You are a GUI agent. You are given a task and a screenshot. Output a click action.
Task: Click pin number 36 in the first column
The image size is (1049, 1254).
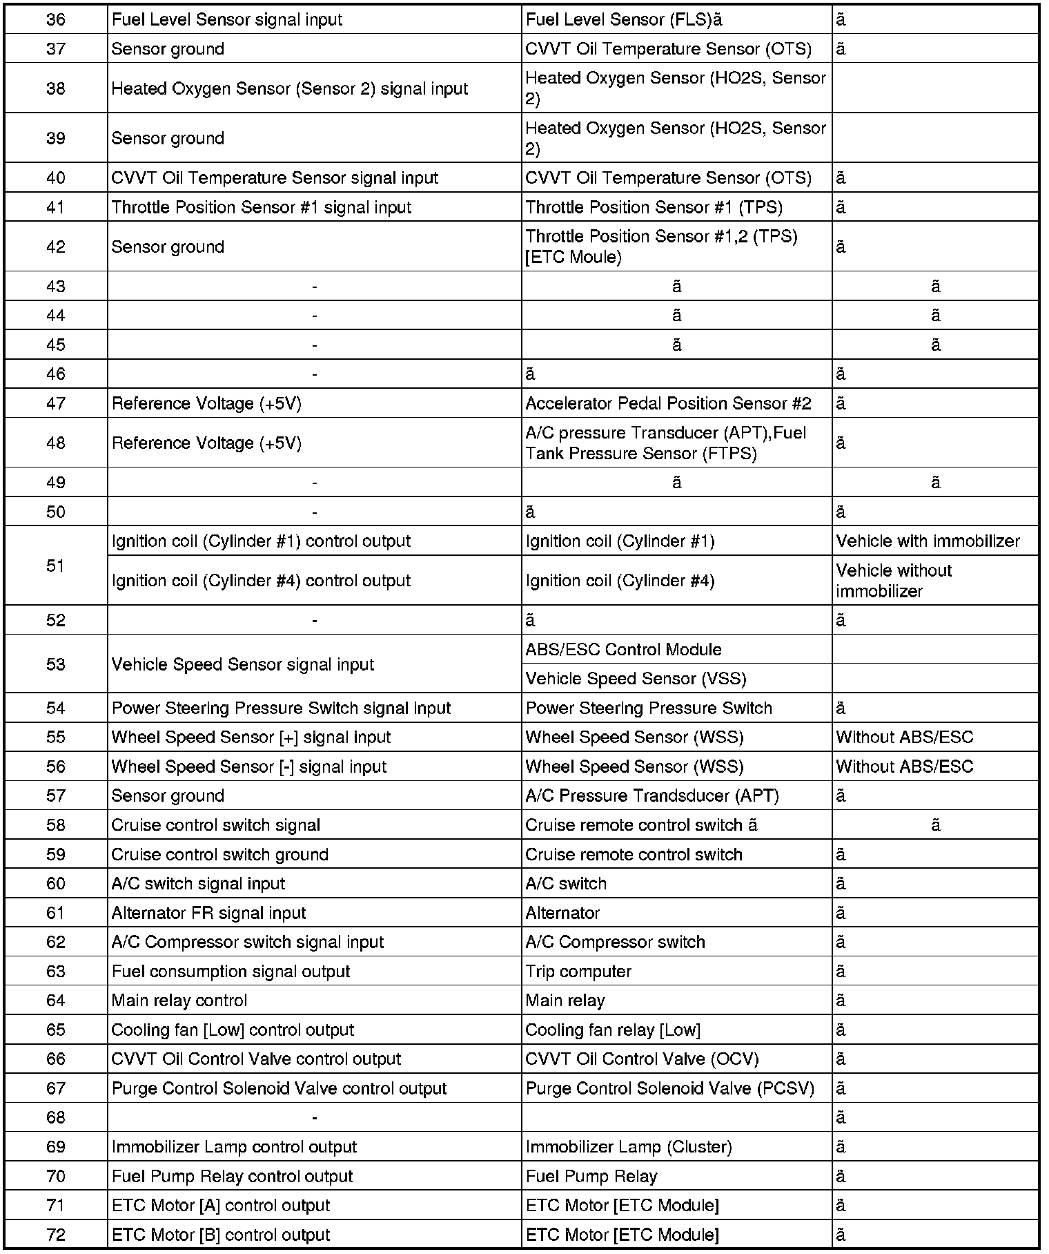(x=55, y=20)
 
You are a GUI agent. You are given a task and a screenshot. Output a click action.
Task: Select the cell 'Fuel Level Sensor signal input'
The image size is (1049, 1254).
(x=227, y=20)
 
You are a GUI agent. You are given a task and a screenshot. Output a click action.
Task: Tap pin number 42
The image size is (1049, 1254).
(x=55, y=247)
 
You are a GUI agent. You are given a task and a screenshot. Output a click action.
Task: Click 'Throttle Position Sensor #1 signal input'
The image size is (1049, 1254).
(x=262, y=207)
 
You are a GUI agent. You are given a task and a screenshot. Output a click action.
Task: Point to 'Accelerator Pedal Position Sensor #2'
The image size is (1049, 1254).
(x=668, y=403)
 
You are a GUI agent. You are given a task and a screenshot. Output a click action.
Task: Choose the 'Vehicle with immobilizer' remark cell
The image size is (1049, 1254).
(x=928, y=541)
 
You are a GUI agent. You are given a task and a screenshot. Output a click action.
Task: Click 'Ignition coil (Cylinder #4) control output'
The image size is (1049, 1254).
(x=261, y=581)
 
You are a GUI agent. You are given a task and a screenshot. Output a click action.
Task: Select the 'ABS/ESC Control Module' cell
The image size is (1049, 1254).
(x=623, y=650)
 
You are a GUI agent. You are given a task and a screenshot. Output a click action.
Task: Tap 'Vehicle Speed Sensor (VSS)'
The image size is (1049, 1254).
(x=636, y=679)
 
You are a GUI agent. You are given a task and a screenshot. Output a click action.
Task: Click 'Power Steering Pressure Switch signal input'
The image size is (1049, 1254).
(x=281, y=708)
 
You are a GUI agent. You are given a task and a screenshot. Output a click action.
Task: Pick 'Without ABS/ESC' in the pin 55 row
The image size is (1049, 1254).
(x=904, y=737)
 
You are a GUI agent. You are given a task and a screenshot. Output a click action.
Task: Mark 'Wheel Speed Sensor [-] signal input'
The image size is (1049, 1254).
(x=248, y=766)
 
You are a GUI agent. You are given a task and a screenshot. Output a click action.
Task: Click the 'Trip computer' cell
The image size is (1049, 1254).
(x=578, y=972)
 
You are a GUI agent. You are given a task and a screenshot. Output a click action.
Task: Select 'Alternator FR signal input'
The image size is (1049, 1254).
(x=208, y=913)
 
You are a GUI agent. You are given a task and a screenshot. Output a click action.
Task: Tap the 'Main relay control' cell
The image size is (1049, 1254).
(x=179, y=1001)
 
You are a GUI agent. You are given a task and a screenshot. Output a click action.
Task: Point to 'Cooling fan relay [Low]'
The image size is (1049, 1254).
(x=613, y=1030)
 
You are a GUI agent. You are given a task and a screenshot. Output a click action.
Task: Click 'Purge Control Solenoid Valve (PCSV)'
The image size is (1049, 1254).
(x=669, y=1089)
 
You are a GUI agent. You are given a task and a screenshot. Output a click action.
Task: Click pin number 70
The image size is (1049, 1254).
(x=55, y=1177)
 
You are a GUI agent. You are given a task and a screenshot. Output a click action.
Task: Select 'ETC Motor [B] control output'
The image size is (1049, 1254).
(x=221, y=1235)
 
